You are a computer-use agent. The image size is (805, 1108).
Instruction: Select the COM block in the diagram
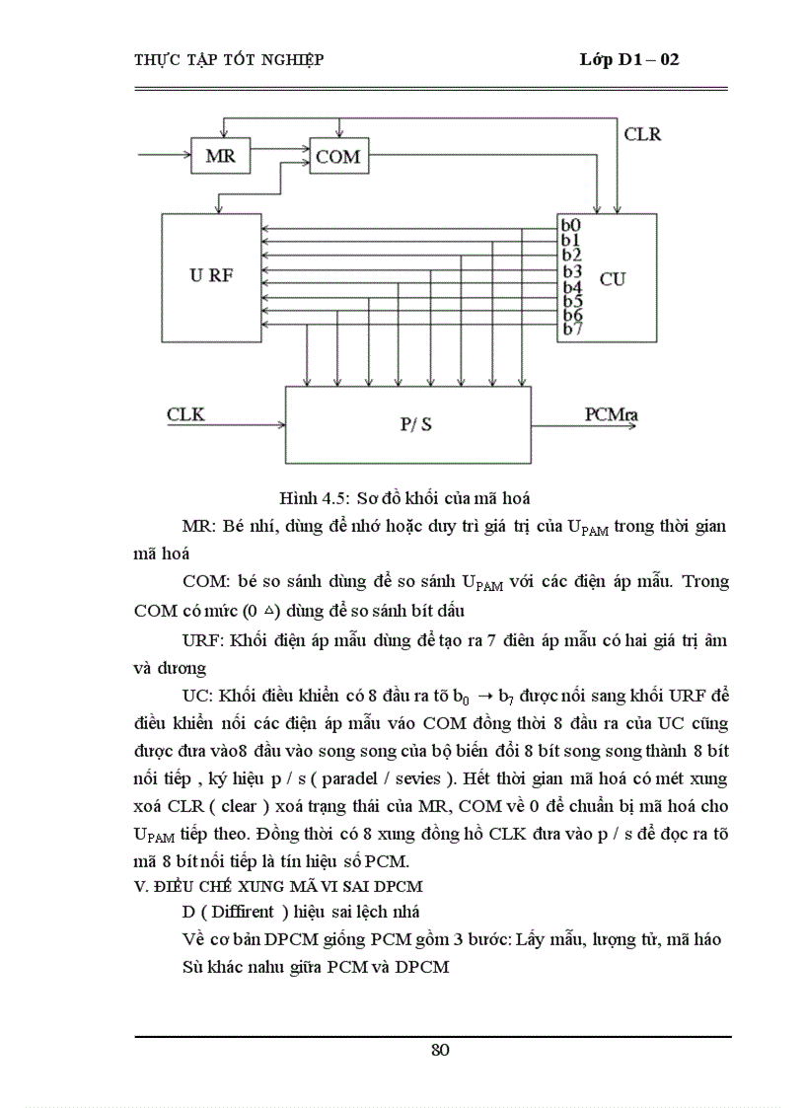[337, 157]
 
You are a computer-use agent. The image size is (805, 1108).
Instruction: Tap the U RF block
[211, 276]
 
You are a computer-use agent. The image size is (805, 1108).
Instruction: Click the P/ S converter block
[407, 424]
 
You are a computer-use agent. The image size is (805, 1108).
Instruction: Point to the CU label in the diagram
[612, 279]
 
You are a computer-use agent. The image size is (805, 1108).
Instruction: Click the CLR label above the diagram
[643, 133]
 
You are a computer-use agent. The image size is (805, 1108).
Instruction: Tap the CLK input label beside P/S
[185, 414]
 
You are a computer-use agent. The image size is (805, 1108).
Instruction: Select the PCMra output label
[612, 414]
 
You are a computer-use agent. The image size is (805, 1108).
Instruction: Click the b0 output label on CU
[571, 224]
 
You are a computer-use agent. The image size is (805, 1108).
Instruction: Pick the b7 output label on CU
[571, 329]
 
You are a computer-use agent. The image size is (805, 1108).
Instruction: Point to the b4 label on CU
[571, 287]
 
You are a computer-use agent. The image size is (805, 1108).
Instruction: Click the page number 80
[440, 1050]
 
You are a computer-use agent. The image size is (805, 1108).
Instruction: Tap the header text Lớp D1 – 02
[629, 60]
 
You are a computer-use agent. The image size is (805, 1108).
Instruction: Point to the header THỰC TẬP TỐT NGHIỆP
[229, 60]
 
